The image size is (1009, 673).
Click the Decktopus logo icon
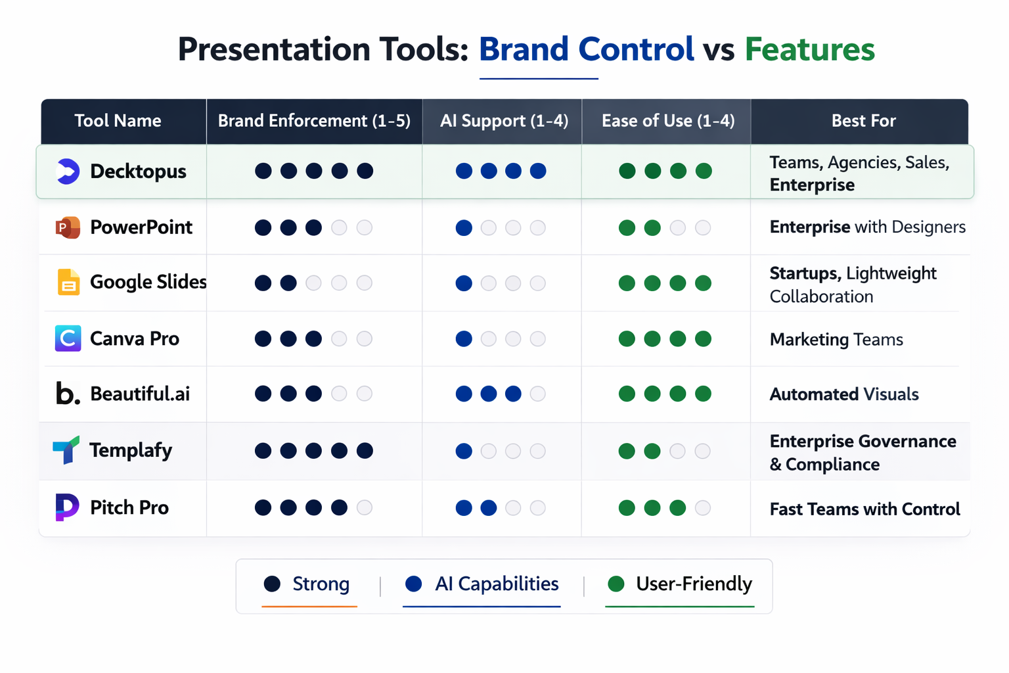point(68,172)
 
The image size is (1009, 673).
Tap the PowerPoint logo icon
point(68,227)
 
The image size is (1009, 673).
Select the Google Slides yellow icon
point(68,283)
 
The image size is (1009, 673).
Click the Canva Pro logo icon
point(68,338)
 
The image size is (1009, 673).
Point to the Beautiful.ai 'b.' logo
point(67,394)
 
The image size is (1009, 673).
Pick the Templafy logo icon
point(66,450)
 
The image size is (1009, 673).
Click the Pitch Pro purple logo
point(67,507)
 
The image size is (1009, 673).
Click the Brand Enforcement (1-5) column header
point(314,121)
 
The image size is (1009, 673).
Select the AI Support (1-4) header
point(504,121)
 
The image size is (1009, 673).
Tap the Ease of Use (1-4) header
point(667,121)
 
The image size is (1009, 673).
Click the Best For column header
point(863,121)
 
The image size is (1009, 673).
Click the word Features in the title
point(809,49)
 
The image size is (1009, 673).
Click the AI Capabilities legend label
point(496,584)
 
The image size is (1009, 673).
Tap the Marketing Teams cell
point(836,340)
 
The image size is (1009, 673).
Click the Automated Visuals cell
point(843,394)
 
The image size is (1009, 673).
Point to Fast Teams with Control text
point(864,509)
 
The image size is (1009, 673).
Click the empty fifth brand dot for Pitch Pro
point(365,507)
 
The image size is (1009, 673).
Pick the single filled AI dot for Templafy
point(464,451)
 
